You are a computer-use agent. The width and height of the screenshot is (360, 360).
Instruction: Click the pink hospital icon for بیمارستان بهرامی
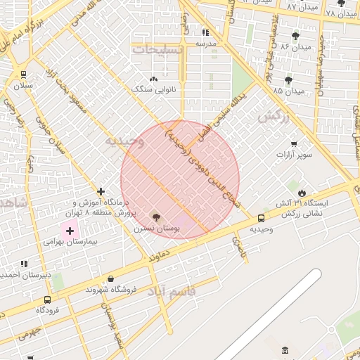pos(70,231)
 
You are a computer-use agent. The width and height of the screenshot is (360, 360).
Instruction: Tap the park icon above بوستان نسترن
pos(156,217)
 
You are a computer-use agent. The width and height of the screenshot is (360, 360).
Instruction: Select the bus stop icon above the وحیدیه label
pos(262,218)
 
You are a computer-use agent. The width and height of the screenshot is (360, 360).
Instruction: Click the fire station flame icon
pos(302,192)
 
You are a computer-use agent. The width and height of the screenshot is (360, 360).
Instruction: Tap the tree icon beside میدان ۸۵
pos(288,80)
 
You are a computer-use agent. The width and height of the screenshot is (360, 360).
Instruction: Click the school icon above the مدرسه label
pos(205,32)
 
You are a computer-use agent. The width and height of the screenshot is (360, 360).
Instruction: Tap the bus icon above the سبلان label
pos(24,74)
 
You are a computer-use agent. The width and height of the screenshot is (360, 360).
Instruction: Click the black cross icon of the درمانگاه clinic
pos(101,191)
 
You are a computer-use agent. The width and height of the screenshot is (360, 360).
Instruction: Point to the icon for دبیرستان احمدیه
pos(24,264)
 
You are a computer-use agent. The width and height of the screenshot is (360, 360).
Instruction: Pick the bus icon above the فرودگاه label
pos(47,299)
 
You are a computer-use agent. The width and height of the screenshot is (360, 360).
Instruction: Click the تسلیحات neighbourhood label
pos(157,50)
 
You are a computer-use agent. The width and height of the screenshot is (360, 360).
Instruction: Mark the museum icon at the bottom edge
pos(284,350)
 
